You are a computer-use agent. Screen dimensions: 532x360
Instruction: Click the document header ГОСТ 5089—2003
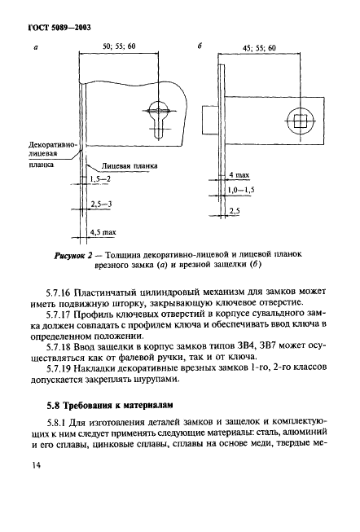coord(52,28)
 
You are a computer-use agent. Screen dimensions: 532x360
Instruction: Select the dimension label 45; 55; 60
coord(261,49)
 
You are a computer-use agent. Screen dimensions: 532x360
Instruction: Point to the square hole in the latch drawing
coord(301,121)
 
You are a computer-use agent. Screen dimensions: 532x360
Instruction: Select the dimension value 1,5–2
coord(101,178)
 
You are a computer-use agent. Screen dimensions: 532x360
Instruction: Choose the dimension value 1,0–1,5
coord(243,189)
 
